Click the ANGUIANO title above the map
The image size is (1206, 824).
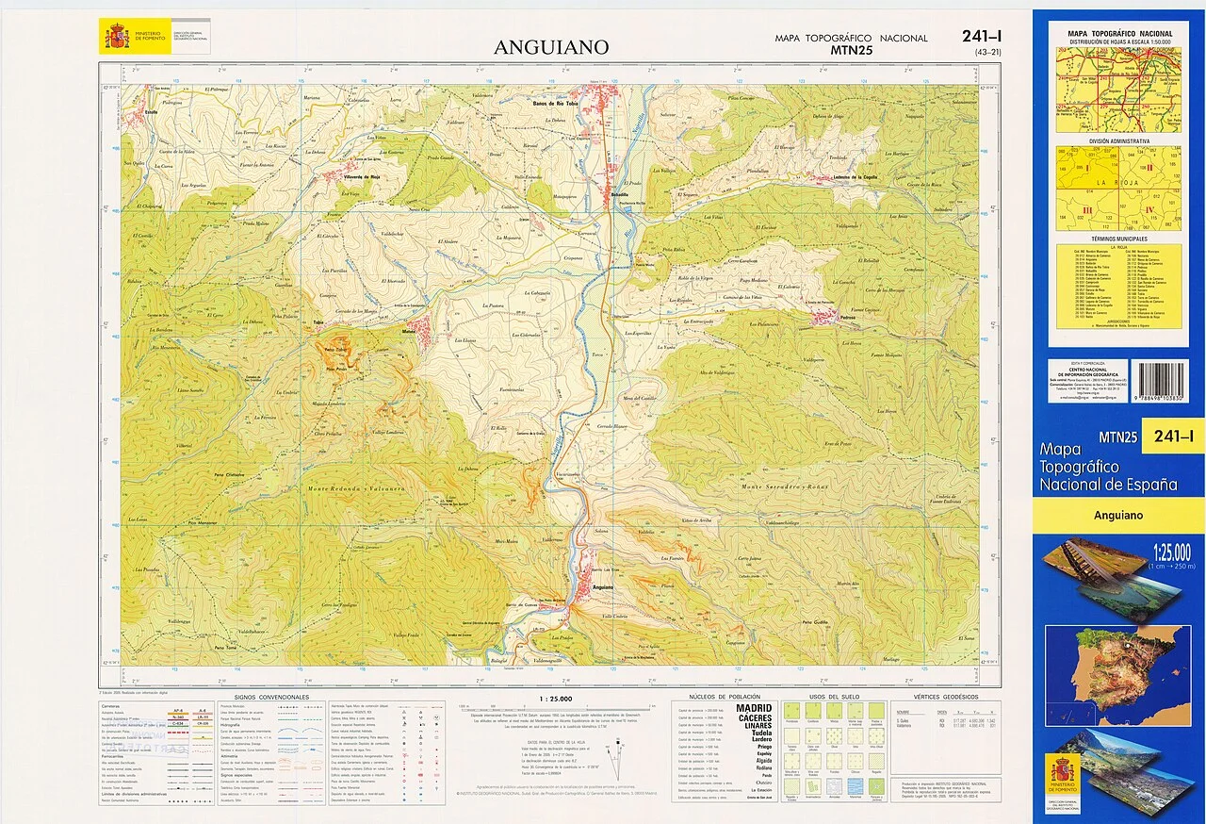[551, 47]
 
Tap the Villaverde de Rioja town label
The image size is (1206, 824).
[354, 176]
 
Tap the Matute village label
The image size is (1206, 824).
[410, 331]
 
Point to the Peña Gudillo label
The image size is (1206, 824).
[815, 623]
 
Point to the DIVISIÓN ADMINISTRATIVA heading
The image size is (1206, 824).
[1118, 140]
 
